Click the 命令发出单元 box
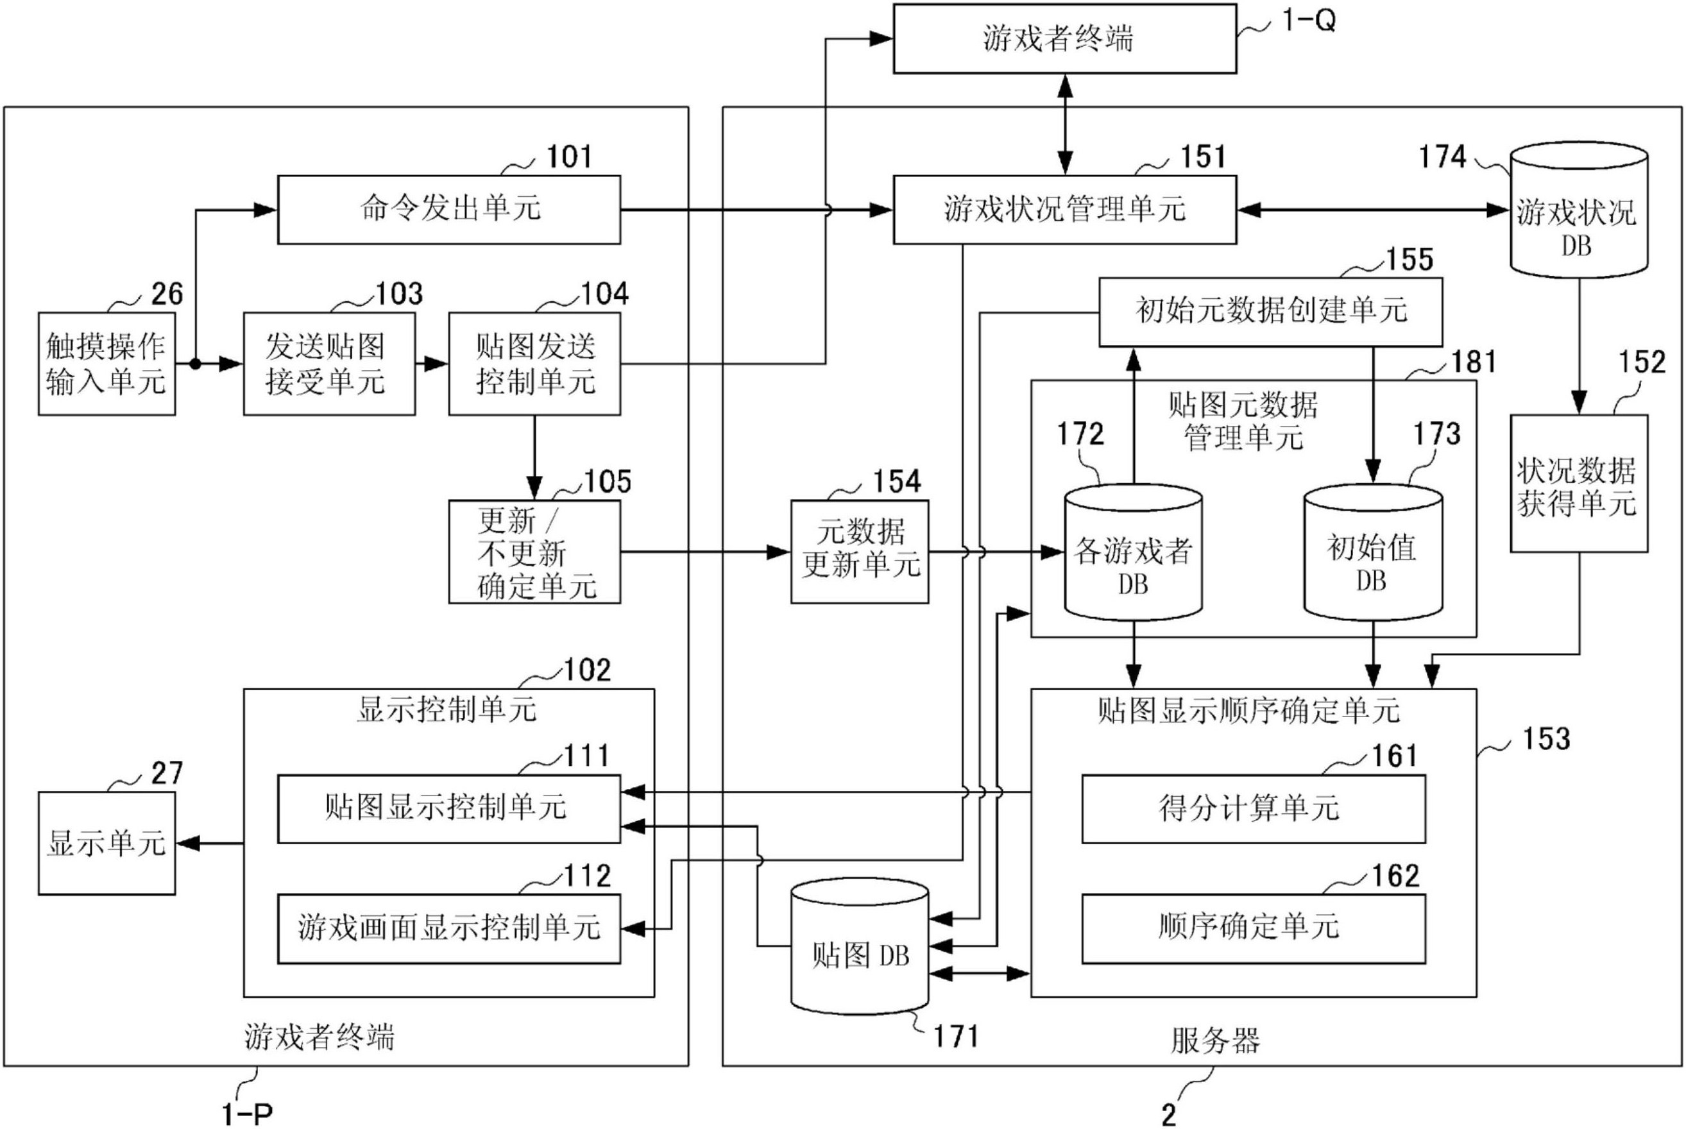448,210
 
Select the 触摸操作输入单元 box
106,364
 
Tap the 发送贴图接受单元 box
329,364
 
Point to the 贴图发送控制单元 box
534,364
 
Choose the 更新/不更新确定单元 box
534,552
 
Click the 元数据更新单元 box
860,552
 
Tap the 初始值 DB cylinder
1373,554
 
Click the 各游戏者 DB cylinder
1132,554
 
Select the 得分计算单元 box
1254,809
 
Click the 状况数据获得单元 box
1578,484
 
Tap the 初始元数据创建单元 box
1270,312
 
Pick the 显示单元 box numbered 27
106,843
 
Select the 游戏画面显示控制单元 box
448,928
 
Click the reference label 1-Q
1308,21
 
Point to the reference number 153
1546,740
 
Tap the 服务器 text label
1214,1041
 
